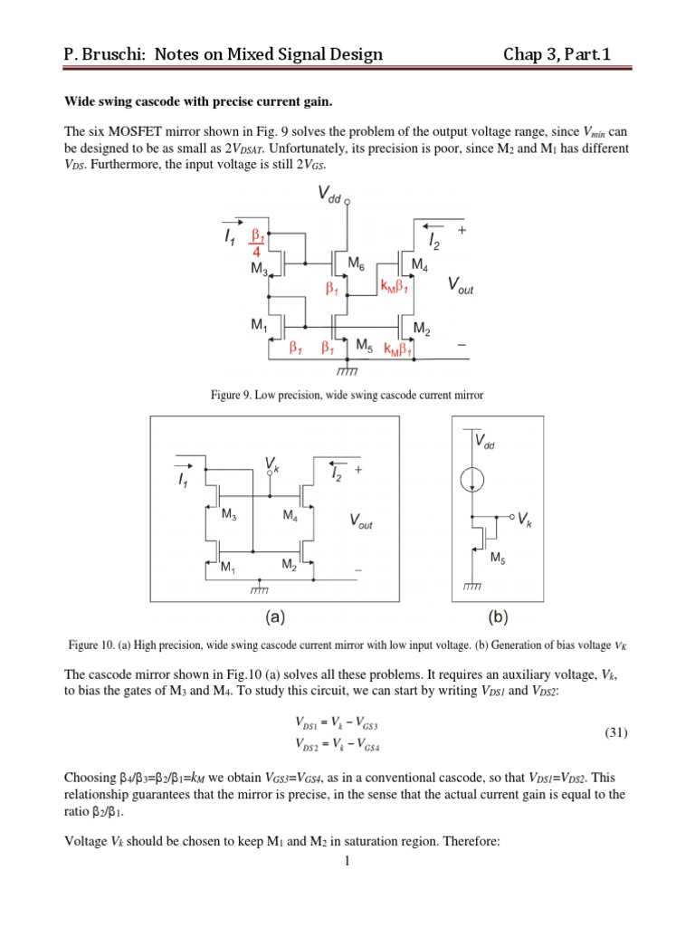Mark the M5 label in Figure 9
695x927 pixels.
364,345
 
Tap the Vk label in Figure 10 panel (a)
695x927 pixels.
271,464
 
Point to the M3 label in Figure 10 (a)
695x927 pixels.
229,514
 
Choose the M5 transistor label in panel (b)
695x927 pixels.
497,559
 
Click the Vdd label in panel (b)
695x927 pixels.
487,443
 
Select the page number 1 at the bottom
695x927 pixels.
347,911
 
